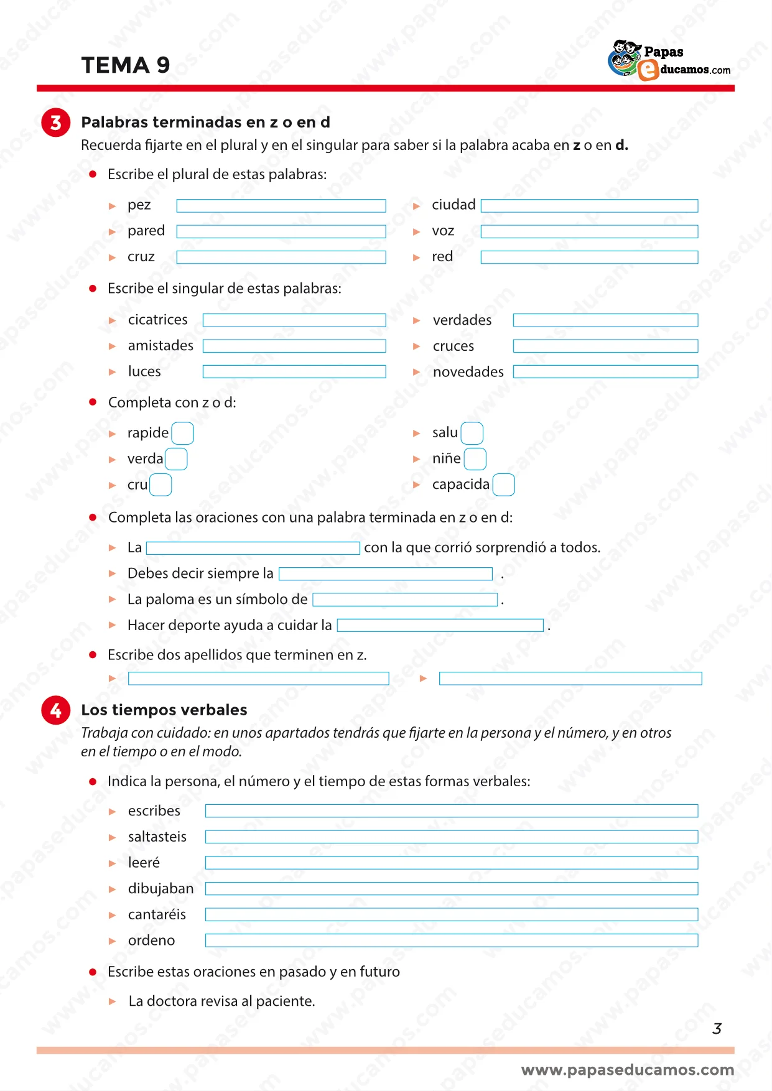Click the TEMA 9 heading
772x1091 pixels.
point(125,65)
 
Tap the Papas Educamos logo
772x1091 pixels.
point(669,60)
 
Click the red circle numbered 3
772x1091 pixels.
point(55,122)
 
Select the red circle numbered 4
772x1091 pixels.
point(55,710)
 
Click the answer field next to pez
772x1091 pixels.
point(281,206)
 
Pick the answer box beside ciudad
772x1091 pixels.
point(589,206)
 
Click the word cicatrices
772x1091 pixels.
point(157,320)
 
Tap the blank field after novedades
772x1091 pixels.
point(605,372)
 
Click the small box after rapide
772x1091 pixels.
point(182,433)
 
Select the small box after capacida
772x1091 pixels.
point(503,485)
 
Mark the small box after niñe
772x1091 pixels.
point(475,459)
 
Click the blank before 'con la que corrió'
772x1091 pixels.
point(253,548)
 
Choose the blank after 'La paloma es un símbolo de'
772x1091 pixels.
point(405,600)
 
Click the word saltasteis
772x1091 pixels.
point(157,837)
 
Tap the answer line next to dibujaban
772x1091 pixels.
point(451,889)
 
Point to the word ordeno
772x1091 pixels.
point(151,940)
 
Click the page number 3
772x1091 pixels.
point(717,1029)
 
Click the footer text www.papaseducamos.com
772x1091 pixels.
point(627,1070)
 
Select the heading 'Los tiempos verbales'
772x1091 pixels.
point(164,710)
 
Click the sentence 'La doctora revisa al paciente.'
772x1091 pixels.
point(221,1001)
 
